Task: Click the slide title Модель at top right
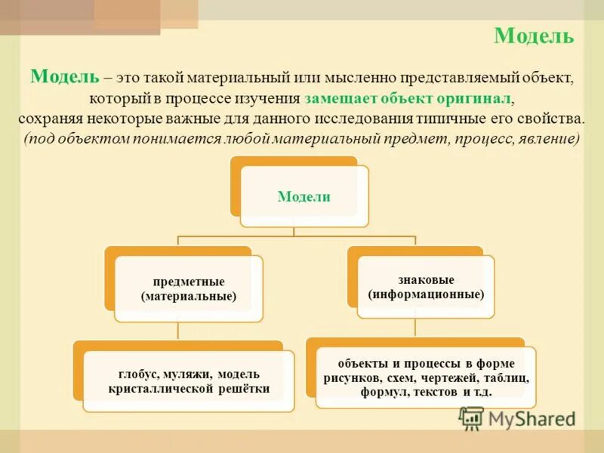coord(534,35)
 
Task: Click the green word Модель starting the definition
coord(64,77)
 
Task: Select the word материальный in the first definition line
coord(251,79)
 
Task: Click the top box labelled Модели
coord(304,196)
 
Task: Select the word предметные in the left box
coord(188,282)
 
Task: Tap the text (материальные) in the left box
coord(188,297)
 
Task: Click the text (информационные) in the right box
coord(426,294)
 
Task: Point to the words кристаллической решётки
coord(189,389)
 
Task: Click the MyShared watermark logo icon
coord(471,418)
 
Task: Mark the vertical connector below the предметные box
coord(178,331)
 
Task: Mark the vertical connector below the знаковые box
coord(415,326)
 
